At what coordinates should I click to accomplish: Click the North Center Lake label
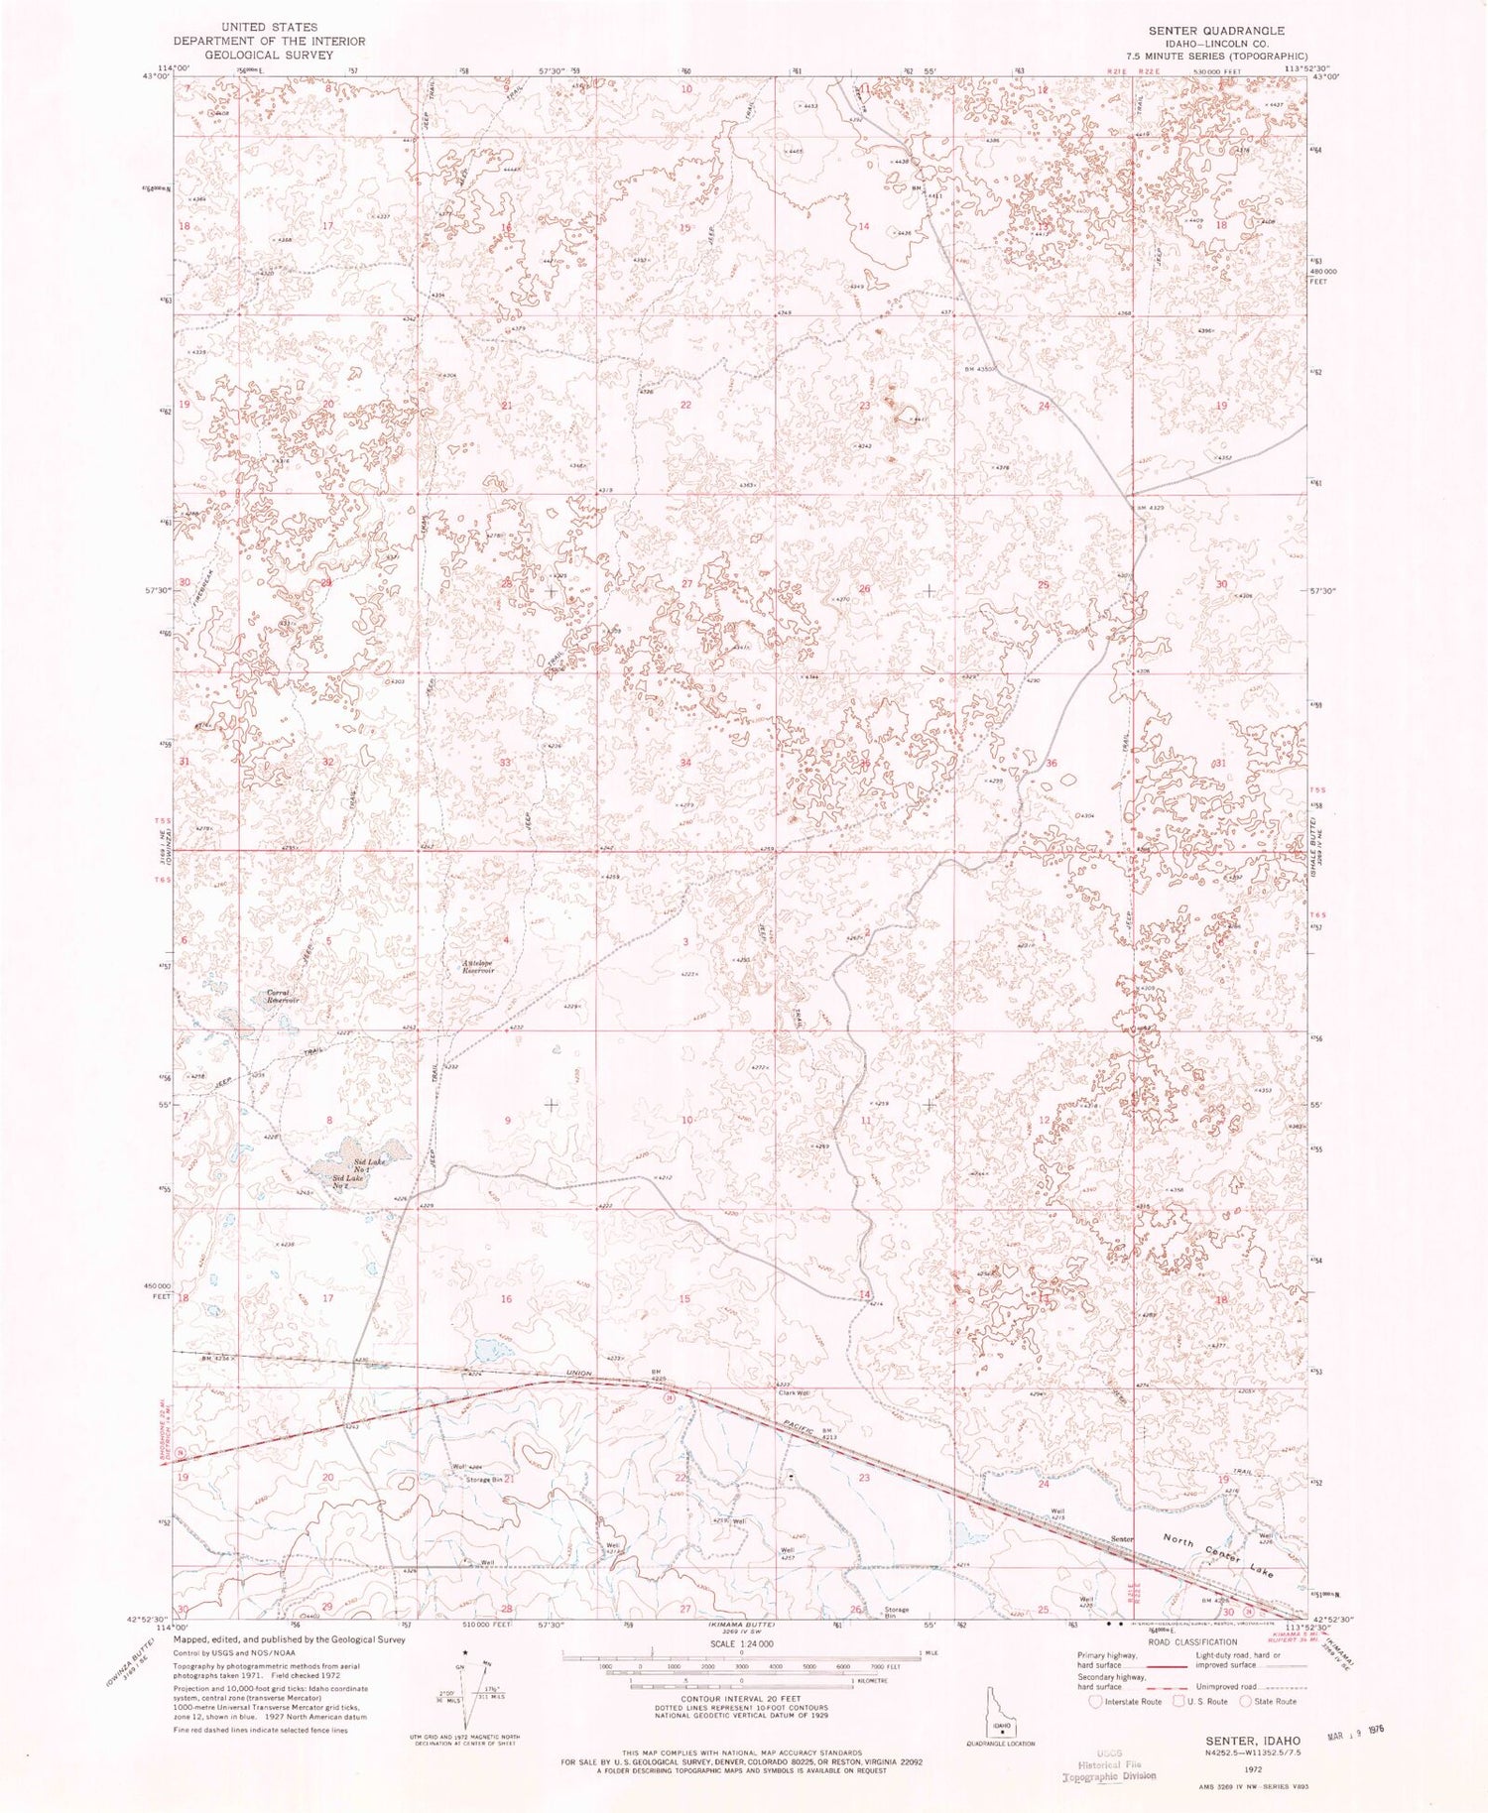(1218, 1549)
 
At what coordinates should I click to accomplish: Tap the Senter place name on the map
(1121, 1538)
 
